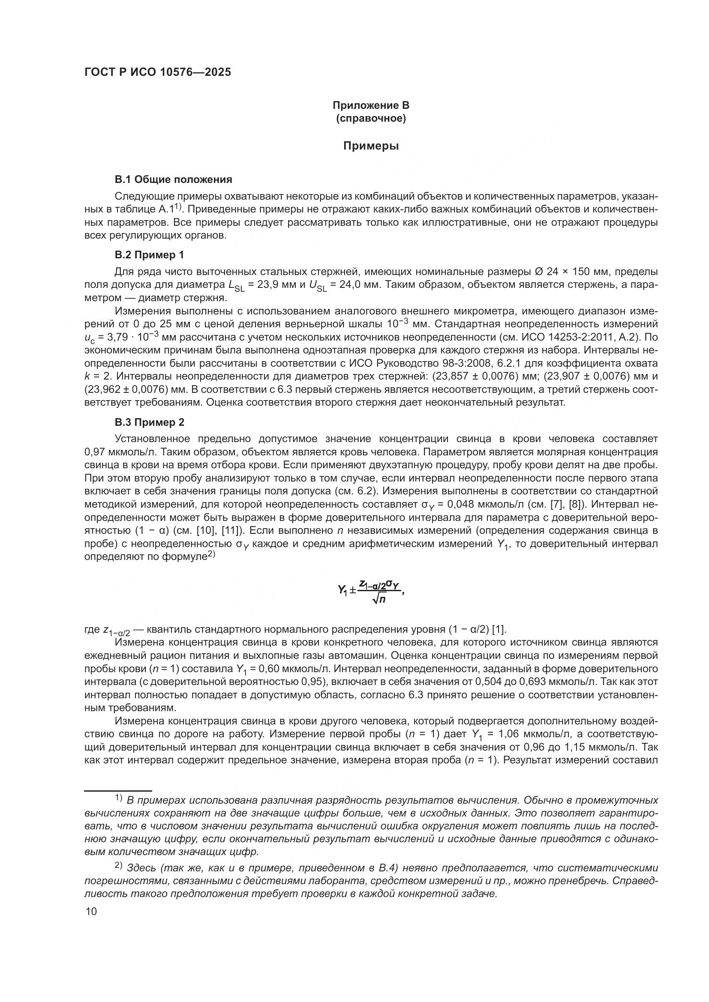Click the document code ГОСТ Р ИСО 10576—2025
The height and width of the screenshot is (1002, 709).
(x=158, y=72)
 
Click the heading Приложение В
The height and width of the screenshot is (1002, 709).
(x=371, y=105)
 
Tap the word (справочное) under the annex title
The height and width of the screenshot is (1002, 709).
(x=371, y=118)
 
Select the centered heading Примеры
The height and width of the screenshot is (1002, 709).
(x=371, y=146)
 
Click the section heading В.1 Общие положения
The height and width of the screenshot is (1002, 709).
(x=173, y=179)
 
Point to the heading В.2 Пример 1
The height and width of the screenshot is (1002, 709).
(x=149, y=254)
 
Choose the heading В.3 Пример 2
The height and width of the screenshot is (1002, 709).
(x=149, y=422)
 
